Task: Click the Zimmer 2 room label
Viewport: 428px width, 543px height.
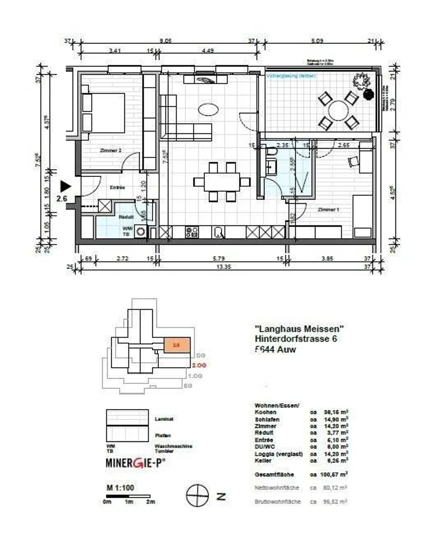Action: pyautogui.click(x=111, y=151)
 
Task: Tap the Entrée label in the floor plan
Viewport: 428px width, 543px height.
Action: pyautogui.click(x=117, y=188)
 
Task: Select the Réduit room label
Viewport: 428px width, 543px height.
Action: pyautogui.click(x=126, y=217)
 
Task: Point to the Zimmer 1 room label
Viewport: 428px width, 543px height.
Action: pyautogui.click(x=328, y=210)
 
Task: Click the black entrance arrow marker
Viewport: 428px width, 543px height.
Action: pyautogui.click(x=65, y=187)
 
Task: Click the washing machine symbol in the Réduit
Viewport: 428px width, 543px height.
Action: pyautogui.click(x=140, y=232)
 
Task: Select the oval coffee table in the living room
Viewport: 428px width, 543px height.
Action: pyautogui.click(x=208, y=109)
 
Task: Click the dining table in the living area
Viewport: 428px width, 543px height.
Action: pyautogui.click(x=222, y=182)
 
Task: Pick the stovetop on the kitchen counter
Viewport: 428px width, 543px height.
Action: pyautogui.click(x=192, y=232)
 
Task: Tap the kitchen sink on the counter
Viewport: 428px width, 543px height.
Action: pyautogui.click(x=218, y=232)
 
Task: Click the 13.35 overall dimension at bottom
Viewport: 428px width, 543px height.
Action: pyautogui.click(x=224, y=267)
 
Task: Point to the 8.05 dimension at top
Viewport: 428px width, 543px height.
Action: pyautogui.click(x=166, y=41)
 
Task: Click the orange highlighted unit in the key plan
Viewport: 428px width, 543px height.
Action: pyautogui.click(x=177, y=345)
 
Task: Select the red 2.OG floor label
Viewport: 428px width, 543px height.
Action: pyautogui.click(x=199, y=365)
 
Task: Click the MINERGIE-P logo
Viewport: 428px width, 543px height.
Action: pyautogui.click(x=136, y=463)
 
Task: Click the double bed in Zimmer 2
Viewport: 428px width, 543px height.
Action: pyautogui.click(x=104, y=113)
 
